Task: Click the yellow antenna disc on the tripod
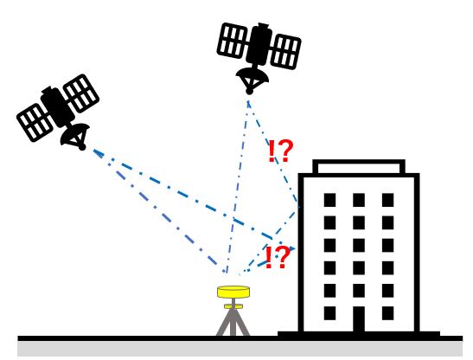click(233, 292)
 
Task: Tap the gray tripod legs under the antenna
click(233, 322)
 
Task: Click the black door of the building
click(359, 319)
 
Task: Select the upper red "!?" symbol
click(280, 151)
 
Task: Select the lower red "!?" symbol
click(278, 257)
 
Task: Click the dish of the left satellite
click(75, 137)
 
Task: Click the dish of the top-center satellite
click(252, 80)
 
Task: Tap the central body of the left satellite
click(57, 106)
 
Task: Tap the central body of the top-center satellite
click(259, 45)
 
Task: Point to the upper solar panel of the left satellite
click(80, 93)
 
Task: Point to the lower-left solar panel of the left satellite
click(35, 122)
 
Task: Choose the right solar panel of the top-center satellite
click(285, 52)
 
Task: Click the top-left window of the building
click(329, 200)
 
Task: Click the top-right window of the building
click(387, 200)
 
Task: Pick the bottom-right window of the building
click(387, 313)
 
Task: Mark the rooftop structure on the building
click(359, 166)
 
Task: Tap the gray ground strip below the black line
click(240, 349)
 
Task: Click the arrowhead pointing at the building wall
click(292, 248)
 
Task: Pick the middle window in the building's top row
click(359, 200)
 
